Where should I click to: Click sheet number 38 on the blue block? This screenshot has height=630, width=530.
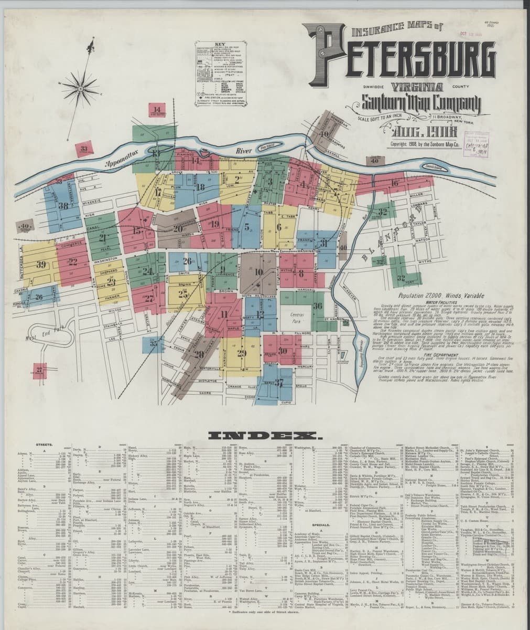tap(64, 205)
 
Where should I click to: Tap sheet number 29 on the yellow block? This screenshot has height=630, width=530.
tap(242, 352)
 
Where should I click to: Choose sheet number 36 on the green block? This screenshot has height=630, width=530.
tap(317, 306)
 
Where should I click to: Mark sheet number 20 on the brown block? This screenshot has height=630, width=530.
tap(178, 229)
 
